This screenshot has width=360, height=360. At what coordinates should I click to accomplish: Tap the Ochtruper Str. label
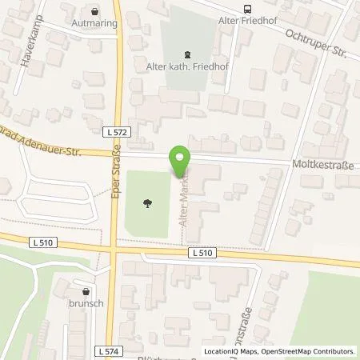[316, 43]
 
